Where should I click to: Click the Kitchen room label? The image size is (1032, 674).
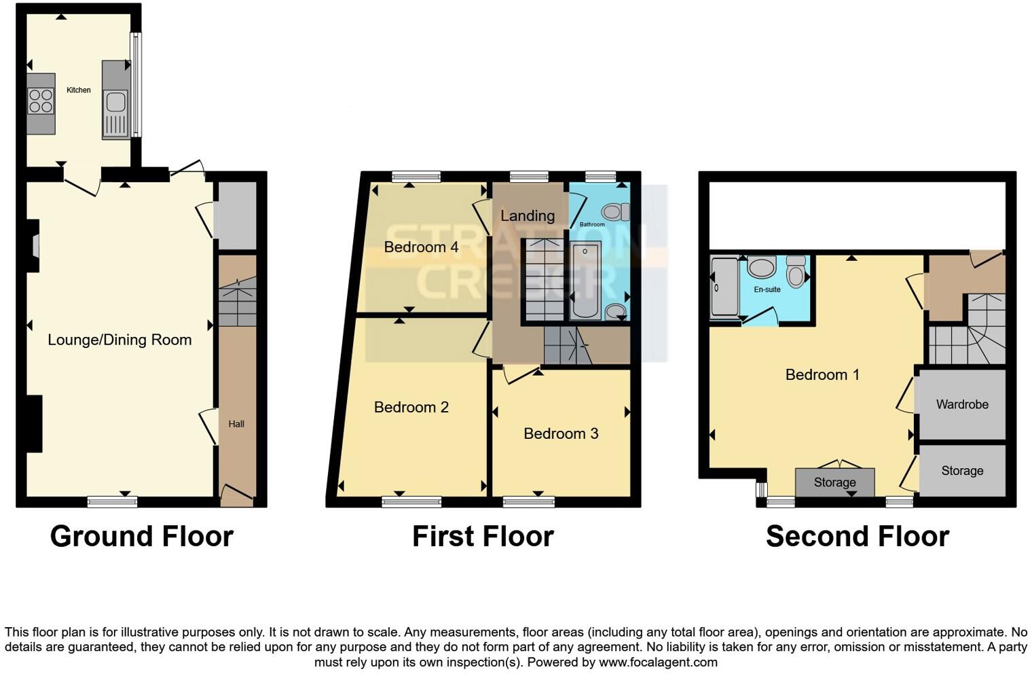pyautogui.click(x=79, y=90)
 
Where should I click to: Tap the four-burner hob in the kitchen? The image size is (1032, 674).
pyautogui.click(x=41, y=101)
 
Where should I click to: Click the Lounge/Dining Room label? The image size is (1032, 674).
pyautogui.click(x=119, y=340)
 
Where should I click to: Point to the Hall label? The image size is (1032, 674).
pyautogui.click(x=236, y=424)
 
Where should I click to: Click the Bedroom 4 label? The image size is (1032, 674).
pyautogui.click(x=421, y=247)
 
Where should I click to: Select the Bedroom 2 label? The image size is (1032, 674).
pyautogui.click(x=411, y=407)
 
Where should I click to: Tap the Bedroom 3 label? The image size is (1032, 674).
pyautogui.click(x=561, y=433)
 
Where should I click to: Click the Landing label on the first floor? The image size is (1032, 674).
pyautogui.click(x=528, y=215)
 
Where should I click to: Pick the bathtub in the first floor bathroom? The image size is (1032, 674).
pyautogui.click(x=585, y=280)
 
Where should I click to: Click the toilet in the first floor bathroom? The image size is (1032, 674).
pyautogui.click(x=615, y=212)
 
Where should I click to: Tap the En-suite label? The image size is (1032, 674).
pyautogui.click(x=767, y=289)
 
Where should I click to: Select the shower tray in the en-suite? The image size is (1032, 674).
pyautogui.click(x=723, y=287)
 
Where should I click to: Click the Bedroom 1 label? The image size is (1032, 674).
pyautogui.click(x=822, y=374)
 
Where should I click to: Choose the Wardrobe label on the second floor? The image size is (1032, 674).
pyautogui.click(x=962, y=404)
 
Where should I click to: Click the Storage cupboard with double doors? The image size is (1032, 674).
pyautogui.click(x=834, y=482)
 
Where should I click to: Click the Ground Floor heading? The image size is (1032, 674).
pyautogui.click(x=141, y=536)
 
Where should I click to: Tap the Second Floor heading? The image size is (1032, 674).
pyautogui.click(x=857, y=536)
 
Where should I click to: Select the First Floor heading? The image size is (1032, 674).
pyautogui.click(x=483, y=536)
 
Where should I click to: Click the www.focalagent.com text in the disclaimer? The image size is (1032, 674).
pyautogui.click(x=658, y=662)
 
